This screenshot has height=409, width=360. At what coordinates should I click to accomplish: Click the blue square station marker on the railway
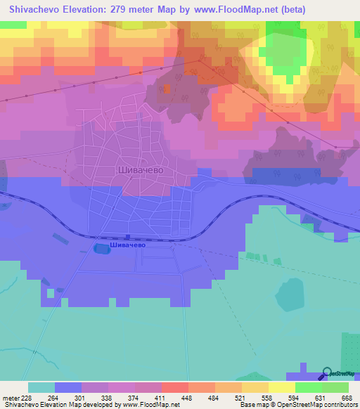point(127,237)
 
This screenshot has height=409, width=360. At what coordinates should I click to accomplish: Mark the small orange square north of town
point(167,89)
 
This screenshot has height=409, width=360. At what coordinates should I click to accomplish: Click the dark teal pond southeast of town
point(290,296)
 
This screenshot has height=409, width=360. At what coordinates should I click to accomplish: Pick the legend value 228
point(28,398)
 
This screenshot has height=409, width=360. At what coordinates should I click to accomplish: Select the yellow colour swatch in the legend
point(282,387)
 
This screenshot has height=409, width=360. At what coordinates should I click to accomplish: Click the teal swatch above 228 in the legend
point(41,387)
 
